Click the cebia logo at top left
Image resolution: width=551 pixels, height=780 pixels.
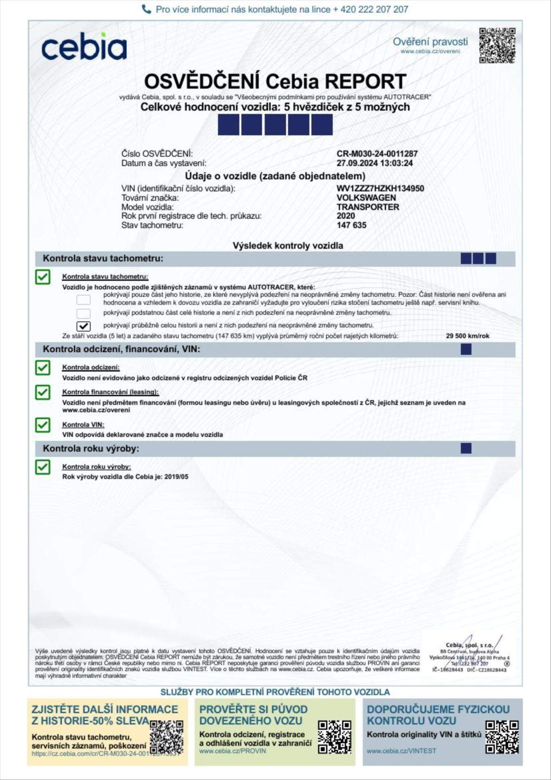pos(84,47)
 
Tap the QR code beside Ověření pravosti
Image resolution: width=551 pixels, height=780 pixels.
pos(497,45)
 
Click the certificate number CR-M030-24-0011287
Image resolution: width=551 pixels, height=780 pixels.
pos(377,154)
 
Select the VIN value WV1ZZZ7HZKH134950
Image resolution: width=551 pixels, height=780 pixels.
pos(380,188)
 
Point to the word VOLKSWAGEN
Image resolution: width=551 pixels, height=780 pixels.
pos(366,198)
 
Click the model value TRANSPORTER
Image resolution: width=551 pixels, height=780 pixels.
pos(368,207)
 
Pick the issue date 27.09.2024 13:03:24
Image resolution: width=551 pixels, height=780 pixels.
pos(374,163)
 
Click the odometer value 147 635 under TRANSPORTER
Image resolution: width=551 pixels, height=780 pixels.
pos(351,225)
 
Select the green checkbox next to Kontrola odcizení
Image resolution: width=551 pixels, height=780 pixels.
pos(43,368)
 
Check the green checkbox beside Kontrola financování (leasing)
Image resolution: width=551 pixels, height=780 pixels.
pos(43,392)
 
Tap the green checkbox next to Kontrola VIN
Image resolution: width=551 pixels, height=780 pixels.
pos(43,425)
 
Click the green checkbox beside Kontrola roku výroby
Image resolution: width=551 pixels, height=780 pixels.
pos(43,467)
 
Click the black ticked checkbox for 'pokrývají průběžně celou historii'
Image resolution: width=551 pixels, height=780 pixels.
pos(84,326)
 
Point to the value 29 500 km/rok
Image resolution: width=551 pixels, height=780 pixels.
pos(467,336)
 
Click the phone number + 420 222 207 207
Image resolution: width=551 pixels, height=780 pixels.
pos(370,9)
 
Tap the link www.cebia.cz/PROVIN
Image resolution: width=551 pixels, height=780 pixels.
pos(232,751)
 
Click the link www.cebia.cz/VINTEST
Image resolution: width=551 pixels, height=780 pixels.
pos(401,751)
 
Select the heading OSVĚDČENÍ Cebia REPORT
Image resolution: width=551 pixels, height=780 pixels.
pos(275,81)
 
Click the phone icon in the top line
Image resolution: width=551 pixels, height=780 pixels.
pos(146,9)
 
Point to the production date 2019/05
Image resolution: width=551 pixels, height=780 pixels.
pos(176,477)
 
